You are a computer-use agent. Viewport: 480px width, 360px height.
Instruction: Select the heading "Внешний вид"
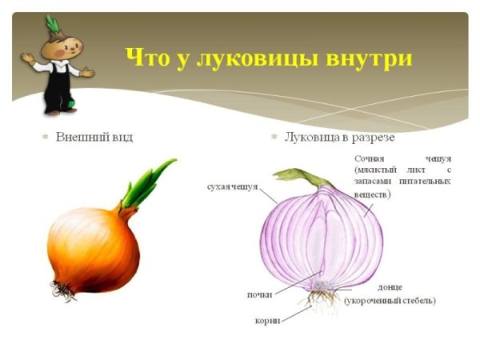(x=94, y=138)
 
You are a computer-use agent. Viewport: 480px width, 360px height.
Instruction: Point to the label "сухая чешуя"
(x=232, y=186)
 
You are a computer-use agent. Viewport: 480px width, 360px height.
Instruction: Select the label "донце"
(x=390, y=286)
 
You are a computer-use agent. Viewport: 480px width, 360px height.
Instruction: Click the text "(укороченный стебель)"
(x=390, y=301)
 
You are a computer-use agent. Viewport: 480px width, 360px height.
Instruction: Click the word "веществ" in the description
(x=371, y=194)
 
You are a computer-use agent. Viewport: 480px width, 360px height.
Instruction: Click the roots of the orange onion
(x=63, y=290)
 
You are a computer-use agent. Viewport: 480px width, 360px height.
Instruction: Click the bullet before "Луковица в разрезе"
(x=274, y=138)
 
